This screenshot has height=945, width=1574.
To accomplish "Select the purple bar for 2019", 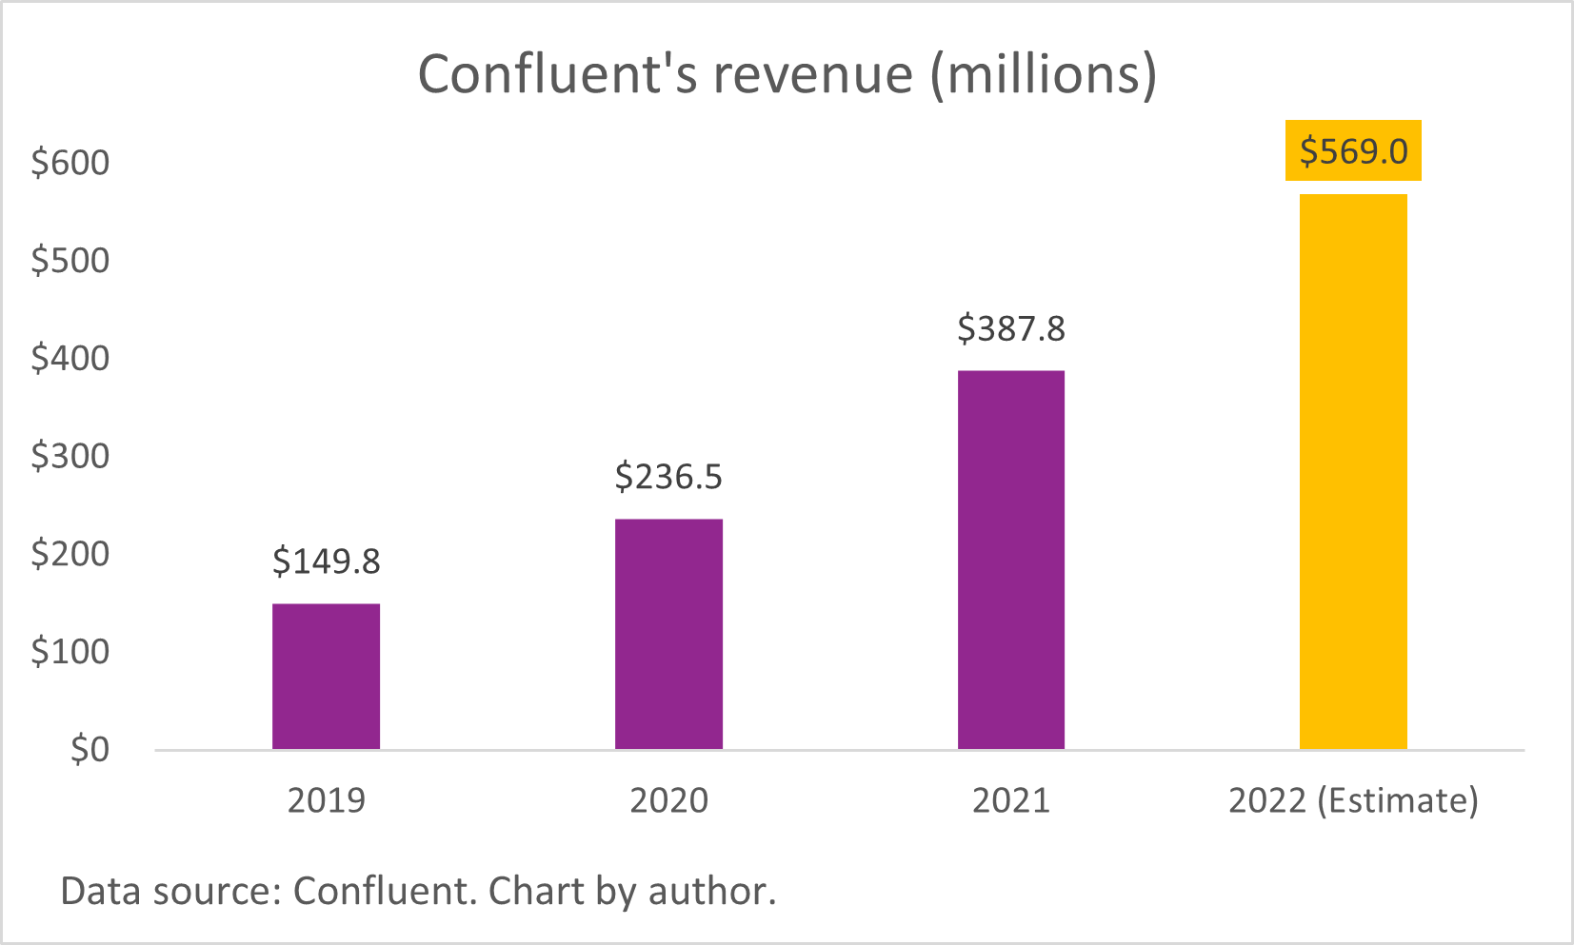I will click(326, 676).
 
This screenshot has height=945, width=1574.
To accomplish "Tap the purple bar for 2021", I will click(1010, 560).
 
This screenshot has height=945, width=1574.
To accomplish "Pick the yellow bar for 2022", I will click(1353, 471).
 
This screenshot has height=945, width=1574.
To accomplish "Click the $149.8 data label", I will click(326, 561).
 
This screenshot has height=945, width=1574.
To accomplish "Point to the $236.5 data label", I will click(668, 476).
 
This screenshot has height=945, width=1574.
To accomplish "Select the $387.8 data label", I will click(1010, 328).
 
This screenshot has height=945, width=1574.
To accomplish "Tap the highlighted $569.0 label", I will click(1353, 151).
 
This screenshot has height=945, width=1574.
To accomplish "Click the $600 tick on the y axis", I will click(70, 163).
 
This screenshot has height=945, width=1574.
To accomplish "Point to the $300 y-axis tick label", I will click(70, 456).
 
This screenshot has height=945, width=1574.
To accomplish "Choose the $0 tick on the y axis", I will click(90, 750).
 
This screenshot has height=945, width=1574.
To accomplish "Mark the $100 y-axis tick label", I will click(70, 652).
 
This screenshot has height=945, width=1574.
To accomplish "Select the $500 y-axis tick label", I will click(70, 260).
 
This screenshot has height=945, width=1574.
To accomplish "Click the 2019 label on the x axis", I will click(326, 800).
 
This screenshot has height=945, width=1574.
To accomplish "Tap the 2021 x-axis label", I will click(1010, 800).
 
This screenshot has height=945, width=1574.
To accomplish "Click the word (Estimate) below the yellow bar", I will click(1398, 800).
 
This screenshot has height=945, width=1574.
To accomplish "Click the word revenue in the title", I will click(813, 75).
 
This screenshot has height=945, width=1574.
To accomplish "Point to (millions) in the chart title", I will click(1044, 75).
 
